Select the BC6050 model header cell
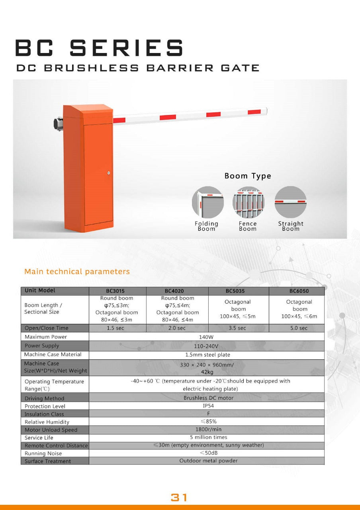(x=299, y=291)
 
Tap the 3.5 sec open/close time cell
(x=237, y=328)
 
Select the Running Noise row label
(x=43, y=453)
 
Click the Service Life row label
(x=39, y=437)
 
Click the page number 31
(x=179, y=497)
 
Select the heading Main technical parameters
(x=77, y=272)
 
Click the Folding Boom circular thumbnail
(x=208, y=202)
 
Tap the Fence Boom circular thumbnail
(x=248, y=202)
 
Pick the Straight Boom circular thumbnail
(x=290, y=202)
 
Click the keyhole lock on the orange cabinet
(x=108, y=173)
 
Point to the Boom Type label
(x=248, y=176)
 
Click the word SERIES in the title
(x=126, y=48)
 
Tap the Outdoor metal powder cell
(x=208, y=461)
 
